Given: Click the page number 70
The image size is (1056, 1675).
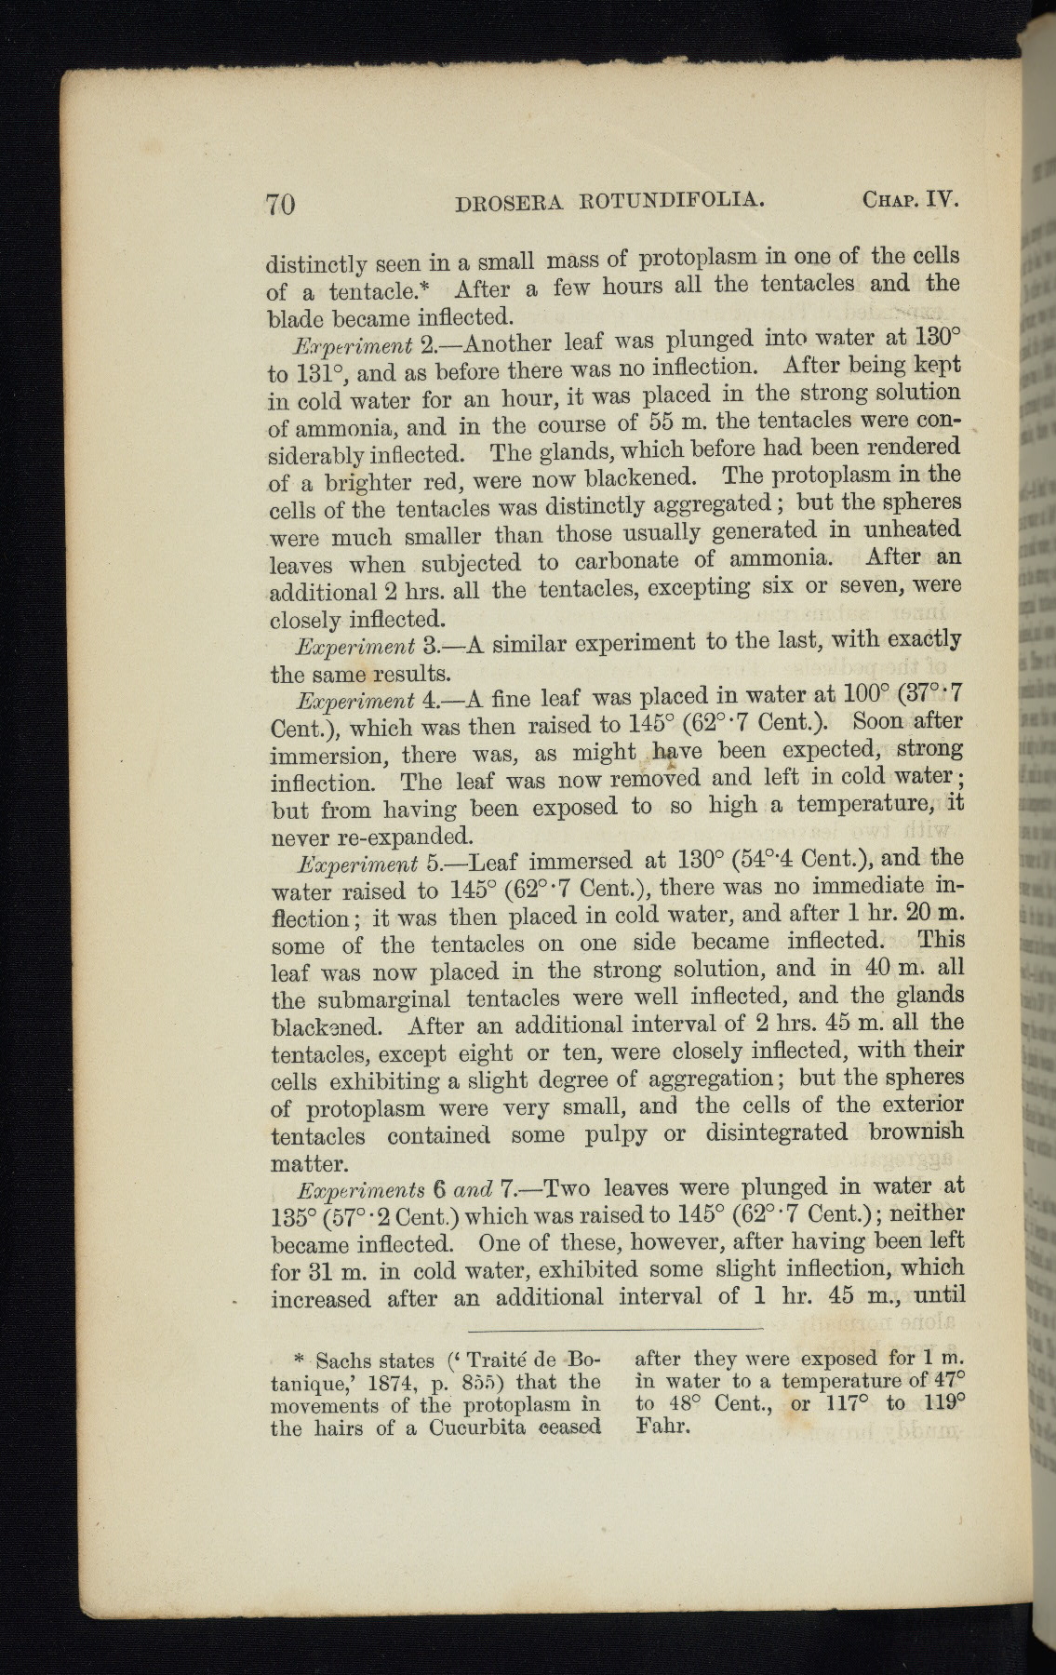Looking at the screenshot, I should pos(280,202).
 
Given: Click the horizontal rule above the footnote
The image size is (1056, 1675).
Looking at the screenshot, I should pos(614,1328).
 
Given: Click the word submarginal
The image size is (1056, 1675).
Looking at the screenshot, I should pos(373,999).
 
